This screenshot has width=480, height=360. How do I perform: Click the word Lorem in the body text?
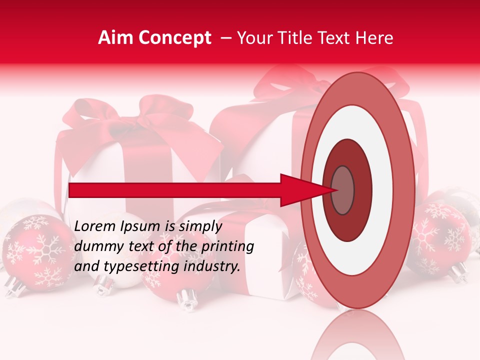(x=94, y=226)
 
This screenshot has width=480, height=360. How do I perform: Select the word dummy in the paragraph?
(x=96, y=246)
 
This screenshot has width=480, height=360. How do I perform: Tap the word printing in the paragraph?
(x=225, y=246)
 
